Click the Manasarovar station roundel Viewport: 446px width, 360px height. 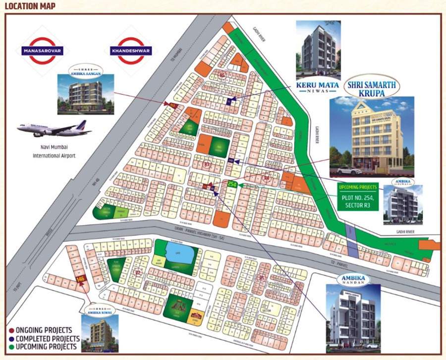42,50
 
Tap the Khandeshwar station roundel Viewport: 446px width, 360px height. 131,50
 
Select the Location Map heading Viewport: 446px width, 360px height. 30,6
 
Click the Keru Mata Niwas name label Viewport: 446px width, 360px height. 318,87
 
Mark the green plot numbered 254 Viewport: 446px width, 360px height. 232,184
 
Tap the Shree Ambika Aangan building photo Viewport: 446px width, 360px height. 85,94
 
